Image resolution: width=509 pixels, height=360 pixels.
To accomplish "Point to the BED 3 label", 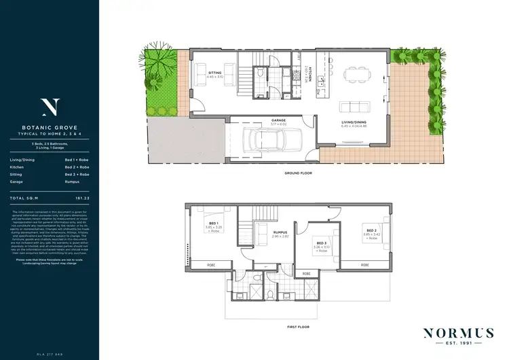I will tap(322, 243).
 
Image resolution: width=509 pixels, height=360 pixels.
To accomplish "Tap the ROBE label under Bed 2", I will tap(365, 264).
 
